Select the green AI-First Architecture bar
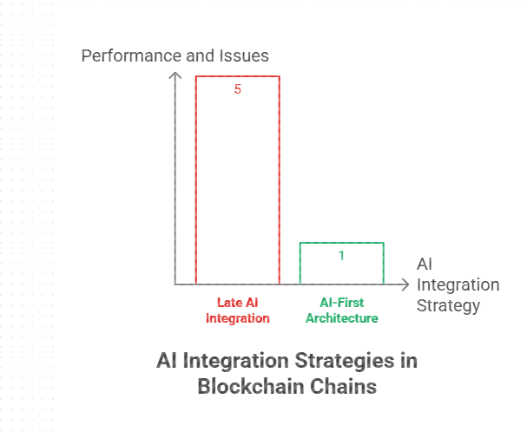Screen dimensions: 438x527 pyautogui.click(x=341, y=264)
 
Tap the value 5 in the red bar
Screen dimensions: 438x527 pyautogui.click(x=238, y=88)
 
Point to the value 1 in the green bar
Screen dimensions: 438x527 pyautogui.click(x=342, y=256)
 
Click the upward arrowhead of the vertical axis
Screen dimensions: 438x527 pyautogui.click(x=175, y=75)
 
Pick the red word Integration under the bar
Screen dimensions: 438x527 pyautogui.click(x=237, y=318)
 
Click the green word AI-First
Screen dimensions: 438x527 pyautogui.click(x=342, y=303)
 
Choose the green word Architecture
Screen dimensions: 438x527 pyautogui.click(x=342, y=318)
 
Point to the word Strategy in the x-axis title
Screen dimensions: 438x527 pyautogui.click(x=448, y=306)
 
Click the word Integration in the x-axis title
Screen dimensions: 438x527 pyautogui.click(x=458, y=285)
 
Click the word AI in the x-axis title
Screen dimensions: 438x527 pyautogui.click(x=425, y=265)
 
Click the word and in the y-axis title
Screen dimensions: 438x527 pyautogui.click(x=199, y=56)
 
